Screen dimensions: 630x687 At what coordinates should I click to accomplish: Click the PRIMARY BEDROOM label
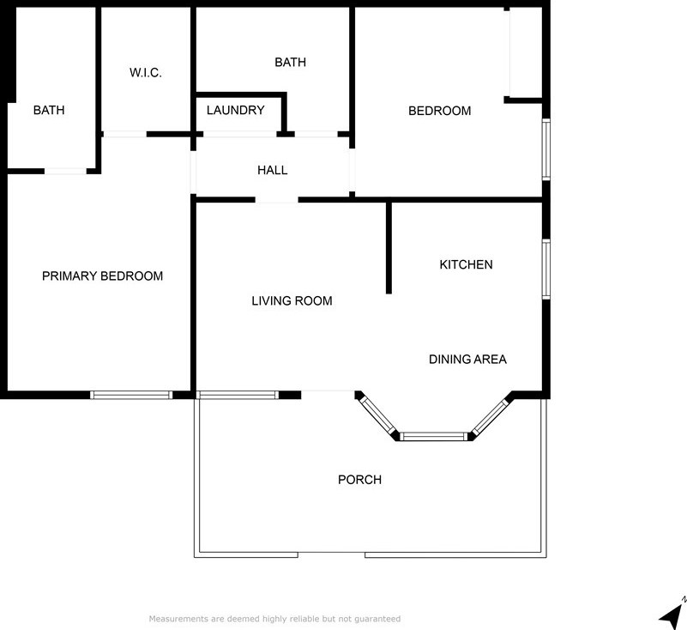pyautogui.click(x=102, y=276)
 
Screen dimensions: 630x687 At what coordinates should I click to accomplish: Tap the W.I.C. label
pyautogui.click(x=146, y=73)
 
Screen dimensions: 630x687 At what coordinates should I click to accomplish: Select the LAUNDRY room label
pyautogui.click(x=235, y=110)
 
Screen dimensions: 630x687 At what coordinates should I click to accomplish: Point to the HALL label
pyautogui.click(x=272, y=170)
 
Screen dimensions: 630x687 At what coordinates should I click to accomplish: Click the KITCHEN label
pyautogui.click(x=466, y=264)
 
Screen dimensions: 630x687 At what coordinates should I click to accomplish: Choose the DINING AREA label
pyautogui.click(x=467, y=359)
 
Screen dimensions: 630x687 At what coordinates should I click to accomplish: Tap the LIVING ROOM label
pyautogui.click(x=292, y=300)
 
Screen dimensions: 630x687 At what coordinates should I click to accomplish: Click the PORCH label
pyautogui.click(x=359, y=479)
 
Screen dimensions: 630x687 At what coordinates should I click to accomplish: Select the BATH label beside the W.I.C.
pyautogui.click(x=49, y=110)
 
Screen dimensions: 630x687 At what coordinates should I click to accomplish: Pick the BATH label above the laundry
pyautogui.click(x=290, y=62)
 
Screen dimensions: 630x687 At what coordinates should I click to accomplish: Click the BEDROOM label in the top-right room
pyautogui.click(x=439, y=110)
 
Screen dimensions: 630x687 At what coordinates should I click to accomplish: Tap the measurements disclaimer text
pyautogui.click(x=274, y=618)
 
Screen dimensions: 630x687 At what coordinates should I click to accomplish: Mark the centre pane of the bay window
pyautogui.click(x=436, y=437)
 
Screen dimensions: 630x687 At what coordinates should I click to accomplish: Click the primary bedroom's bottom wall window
pyautogui.click(x=131, y=395)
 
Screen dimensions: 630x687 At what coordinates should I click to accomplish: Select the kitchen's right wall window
pyautogui.click(x=545, y=269)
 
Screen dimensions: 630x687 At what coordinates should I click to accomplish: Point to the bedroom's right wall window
pyautogui.click(x=545, y=149)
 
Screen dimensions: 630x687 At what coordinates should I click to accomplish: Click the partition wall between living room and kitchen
pyautogui.click(x=389, y=247)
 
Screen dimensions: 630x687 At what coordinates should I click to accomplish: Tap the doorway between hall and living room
pyautogui.click(x=276, y=200)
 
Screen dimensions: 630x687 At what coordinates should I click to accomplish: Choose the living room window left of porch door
pyautogui.click(x=238, y=395)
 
